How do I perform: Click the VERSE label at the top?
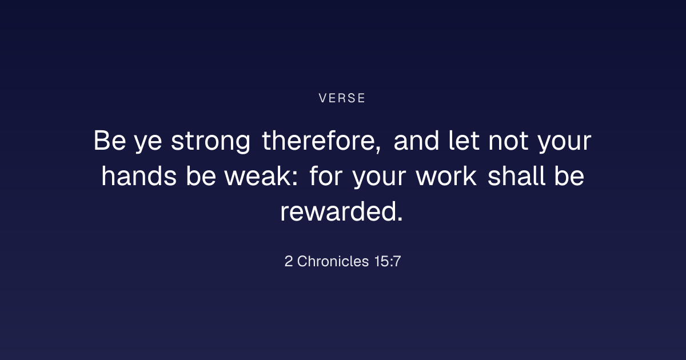pyautogui.click(x=342, y=98)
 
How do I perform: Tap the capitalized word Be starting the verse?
pyautogui.click(x=110, y=141)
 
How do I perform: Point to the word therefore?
pyautogui.click(x=318, y=141)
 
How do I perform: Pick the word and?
pyautogui.click(x=416, y=141)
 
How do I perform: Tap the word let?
pyautogui.click(x=464, y=141)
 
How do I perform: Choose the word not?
pyautogui.click(x=508, y=142)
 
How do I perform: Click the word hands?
pyautogui.click(x=139, y=176)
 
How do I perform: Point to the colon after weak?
pyautogui.click(x=294, y=178)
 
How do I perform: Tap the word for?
pyautogui.click(x=326, y=176)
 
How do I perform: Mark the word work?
pyautogui.click(x=446, y=176)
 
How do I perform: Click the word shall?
pyautogui.click(x=516, y=176)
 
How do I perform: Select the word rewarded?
pyautogui.click(x=338, y=211)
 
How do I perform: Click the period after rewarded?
pyautogui.click(x=400, y=218)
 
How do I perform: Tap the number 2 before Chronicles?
pyautogui.click(x=289, y=261)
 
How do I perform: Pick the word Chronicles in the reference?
pyautogui.click(x=333, y=261)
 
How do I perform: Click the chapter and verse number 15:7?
pyautogui.click(x=388, y=261)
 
